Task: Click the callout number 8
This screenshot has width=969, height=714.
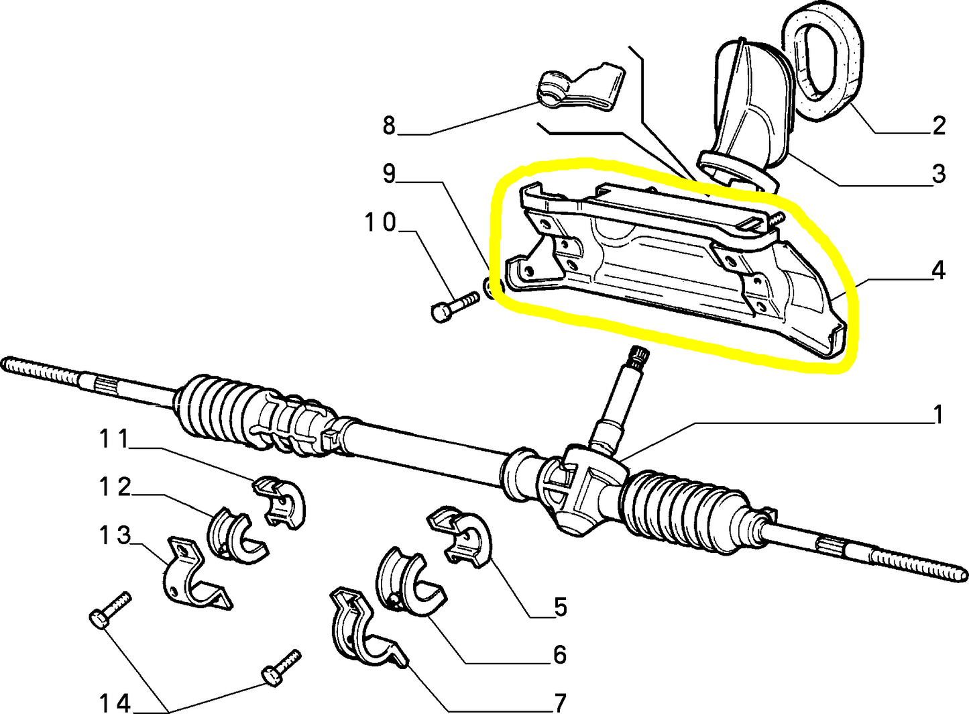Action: tap(389, 125)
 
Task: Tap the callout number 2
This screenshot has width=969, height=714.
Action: tap(938, 125)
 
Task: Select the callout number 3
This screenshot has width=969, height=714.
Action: tap(938, 174)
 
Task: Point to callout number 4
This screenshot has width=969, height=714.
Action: tap(938, 270)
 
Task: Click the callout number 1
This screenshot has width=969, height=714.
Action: tap(938, 415)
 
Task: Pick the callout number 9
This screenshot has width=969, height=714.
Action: tap(389, 174)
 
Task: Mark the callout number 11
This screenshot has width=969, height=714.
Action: tap(113, 440)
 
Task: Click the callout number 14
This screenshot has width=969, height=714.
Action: tap(113, 703)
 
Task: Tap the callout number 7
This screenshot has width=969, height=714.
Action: tap(560, 703)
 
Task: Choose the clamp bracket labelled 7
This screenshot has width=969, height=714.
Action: tap(362, 627)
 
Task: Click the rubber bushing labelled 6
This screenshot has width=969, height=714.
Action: tap(409, 580)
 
